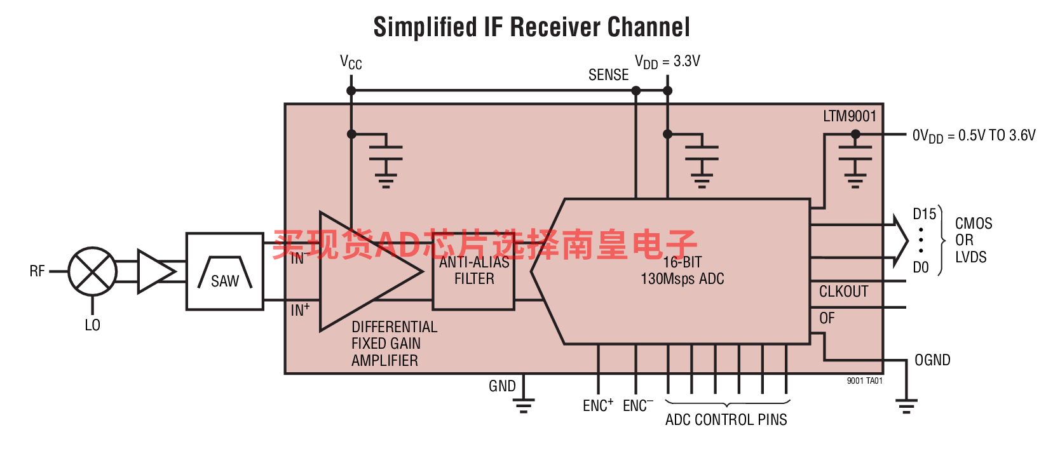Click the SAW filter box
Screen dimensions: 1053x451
[x=225, y=271]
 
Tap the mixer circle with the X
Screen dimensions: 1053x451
[x=93, y=271]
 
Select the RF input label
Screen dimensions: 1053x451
[x=37, y=271]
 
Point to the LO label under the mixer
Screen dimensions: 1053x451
[x=93, y=325]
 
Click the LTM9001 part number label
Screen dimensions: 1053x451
[x=850, y=116]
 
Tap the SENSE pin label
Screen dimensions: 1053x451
[x=608, y=75]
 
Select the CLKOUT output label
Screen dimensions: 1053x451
[x=843, y=292]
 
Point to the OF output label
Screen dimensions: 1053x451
[x=827, y=318]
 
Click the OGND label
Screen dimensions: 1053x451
[x=932, y=360]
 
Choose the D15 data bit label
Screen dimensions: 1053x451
[x=924, y=214]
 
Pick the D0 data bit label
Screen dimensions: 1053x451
[x=920, y=267]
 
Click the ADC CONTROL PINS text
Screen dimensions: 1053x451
[x=726, y=419]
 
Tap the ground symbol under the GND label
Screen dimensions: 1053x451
[x=524, y=405]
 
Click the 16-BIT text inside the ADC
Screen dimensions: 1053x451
[x=682, y=262]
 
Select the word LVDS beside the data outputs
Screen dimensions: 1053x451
[x=971, y=257]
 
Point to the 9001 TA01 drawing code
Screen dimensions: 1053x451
[x=864, y=380]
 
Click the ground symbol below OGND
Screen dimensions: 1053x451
[x=906, y=405]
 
